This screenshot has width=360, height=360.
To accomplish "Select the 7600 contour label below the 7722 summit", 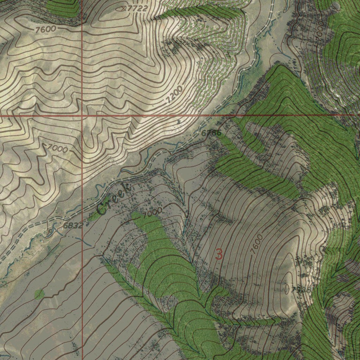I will click(45, 30).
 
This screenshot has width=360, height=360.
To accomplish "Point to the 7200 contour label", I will click(175, 94).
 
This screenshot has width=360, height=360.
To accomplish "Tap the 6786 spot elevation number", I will click(211, 133).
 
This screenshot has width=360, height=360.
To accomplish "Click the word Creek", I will click(114, 200).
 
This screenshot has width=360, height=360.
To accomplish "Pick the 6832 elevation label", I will click(73, 225).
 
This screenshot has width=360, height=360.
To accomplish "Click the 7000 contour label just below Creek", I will click(152, 212).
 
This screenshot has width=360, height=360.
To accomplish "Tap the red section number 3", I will click(219, 254).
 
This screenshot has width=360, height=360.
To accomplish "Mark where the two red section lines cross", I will click(82, 115).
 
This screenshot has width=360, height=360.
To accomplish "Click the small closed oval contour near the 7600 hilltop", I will click(287, 289).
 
